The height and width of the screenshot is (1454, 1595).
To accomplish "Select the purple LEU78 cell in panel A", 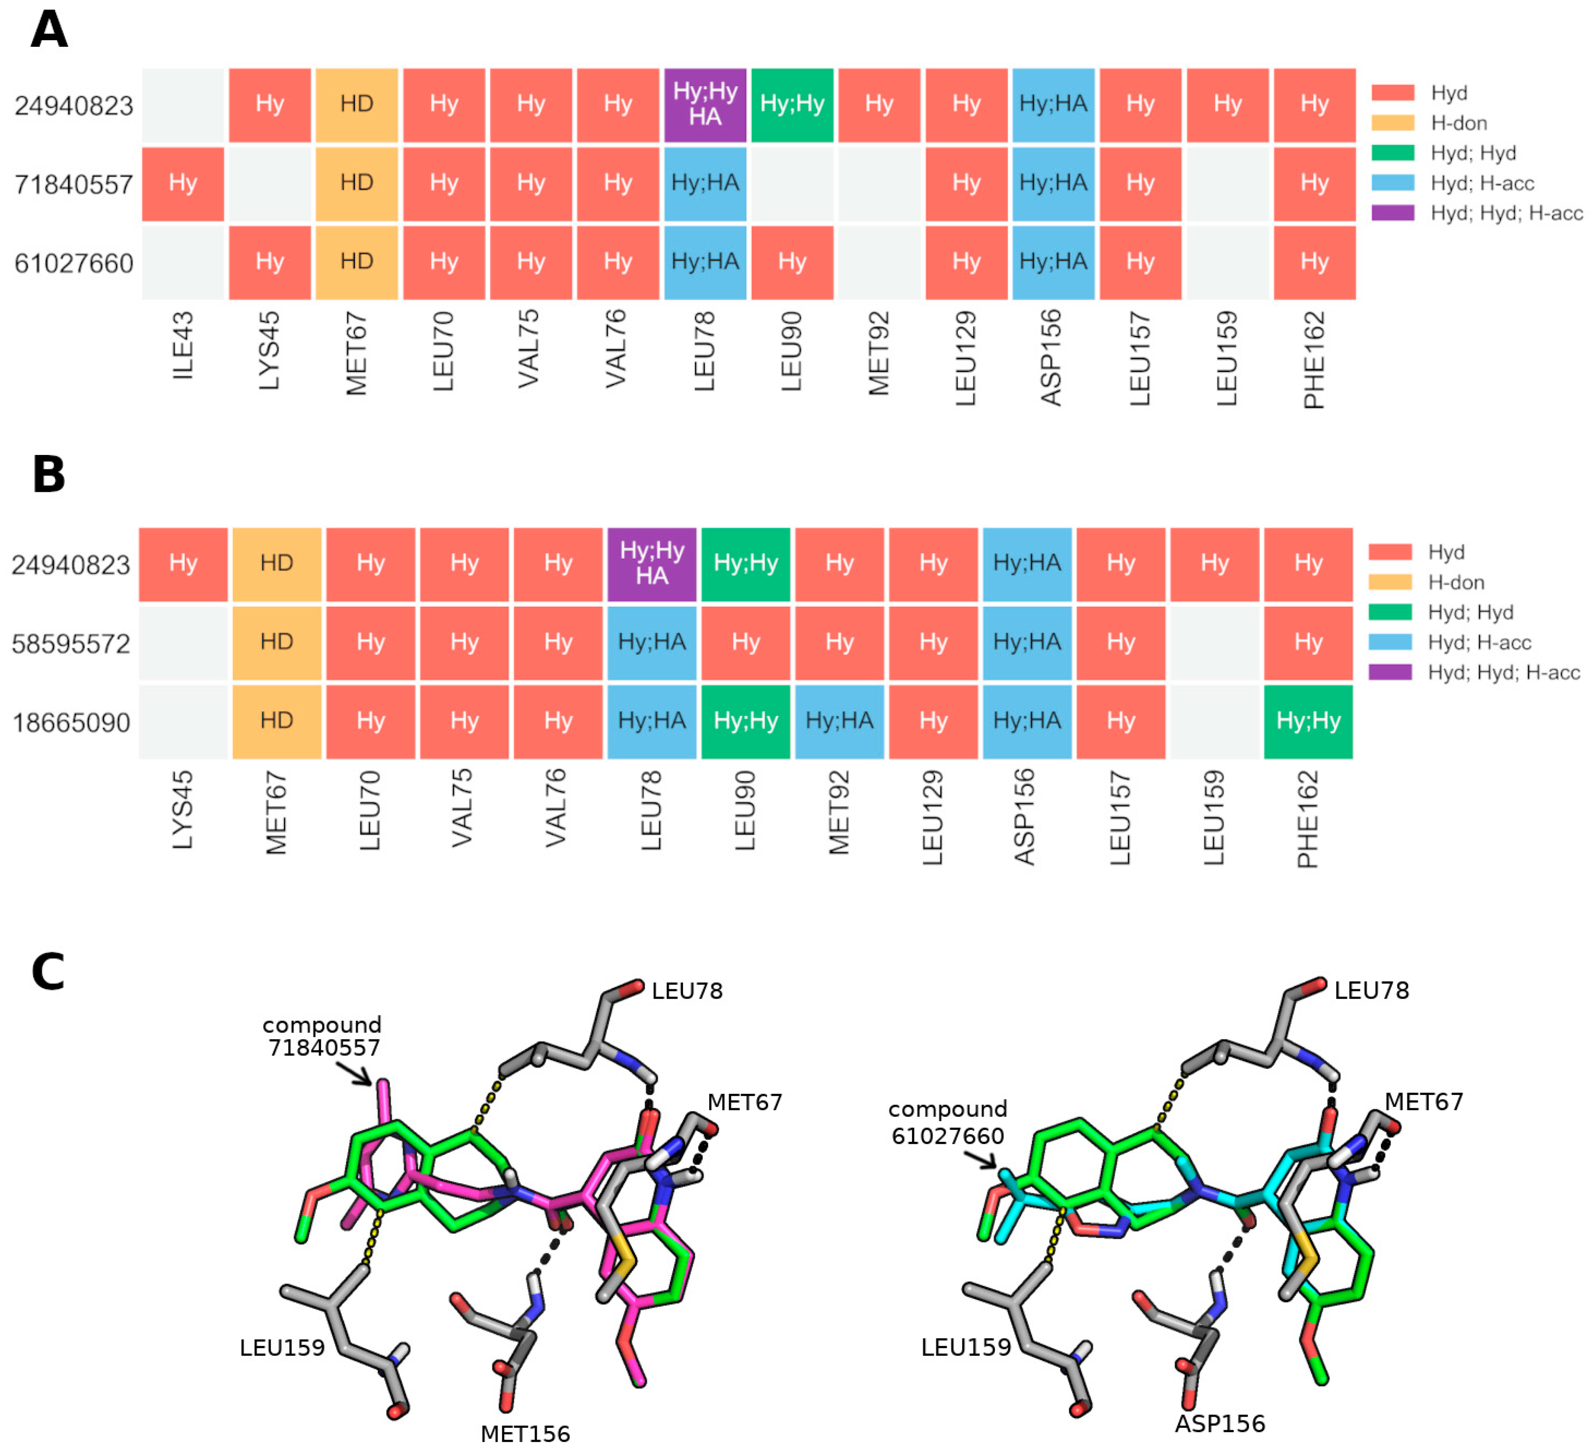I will pyautogui.click(x=705, y=105).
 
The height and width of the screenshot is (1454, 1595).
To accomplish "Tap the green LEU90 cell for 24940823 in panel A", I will pyautogui.click(x=792, y=105).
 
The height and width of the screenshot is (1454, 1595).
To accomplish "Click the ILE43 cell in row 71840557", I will pyautogui.click(x=183, y=183).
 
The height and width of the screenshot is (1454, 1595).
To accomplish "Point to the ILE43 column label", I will pyautogui.click(x=183, y=346).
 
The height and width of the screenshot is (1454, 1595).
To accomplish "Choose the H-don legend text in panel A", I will pyautogui.click(x=1458, y=123).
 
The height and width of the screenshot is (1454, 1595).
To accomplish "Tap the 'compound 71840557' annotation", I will pyautogui.click(x=323, y=1036).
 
